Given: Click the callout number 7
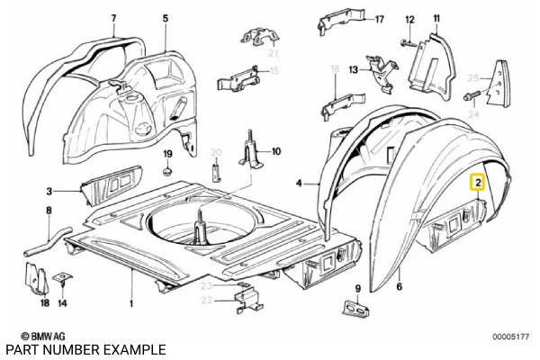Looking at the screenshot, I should pyautogui.click(x=113, y=18).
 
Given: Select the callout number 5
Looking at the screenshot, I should pyautogui.click(x=165, y=18).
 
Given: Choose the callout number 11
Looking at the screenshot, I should pyautogui.click(x=436, y=18).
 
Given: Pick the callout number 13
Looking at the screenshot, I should pyautogui.click(x=353, y=69).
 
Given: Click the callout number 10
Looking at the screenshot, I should pyautogui.click(x=276, y=151).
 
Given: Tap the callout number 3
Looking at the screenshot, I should pyautogui.click(x=51, y=191).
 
